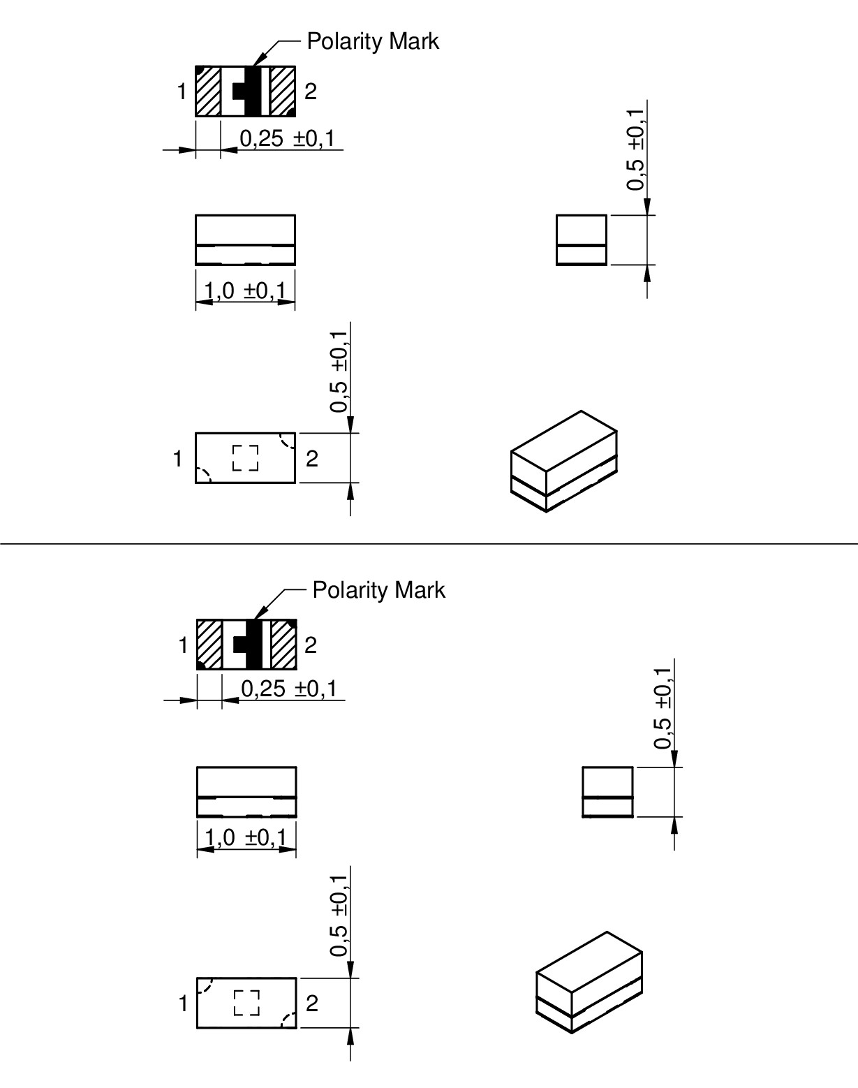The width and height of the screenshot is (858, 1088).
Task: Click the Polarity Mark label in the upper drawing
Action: (x=373, y=41)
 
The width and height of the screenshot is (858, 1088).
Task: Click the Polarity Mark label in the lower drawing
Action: (x=378, y=590)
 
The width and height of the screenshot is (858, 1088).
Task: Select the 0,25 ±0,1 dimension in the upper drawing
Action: (x=287, y=138)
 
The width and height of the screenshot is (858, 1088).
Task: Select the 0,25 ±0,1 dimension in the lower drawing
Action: (x=289, y=689)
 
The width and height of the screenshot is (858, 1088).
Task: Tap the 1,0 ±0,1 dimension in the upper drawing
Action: (x=245, y=291)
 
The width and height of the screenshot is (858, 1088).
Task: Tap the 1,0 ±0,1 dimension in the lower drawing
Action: (x=246, y=838)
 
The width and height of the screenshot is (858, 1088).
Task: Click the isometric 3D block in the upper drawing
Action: (x=564, y=461)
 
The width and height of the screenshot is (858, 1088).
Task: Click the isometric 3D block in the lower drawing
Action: (x=589, y=983)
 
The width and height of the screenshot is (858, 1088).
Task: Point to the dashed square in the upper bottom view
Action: (x=245, y=458)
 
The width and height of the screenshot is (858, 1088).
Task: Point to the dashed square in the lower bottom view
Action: (x=246, y=1003)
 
